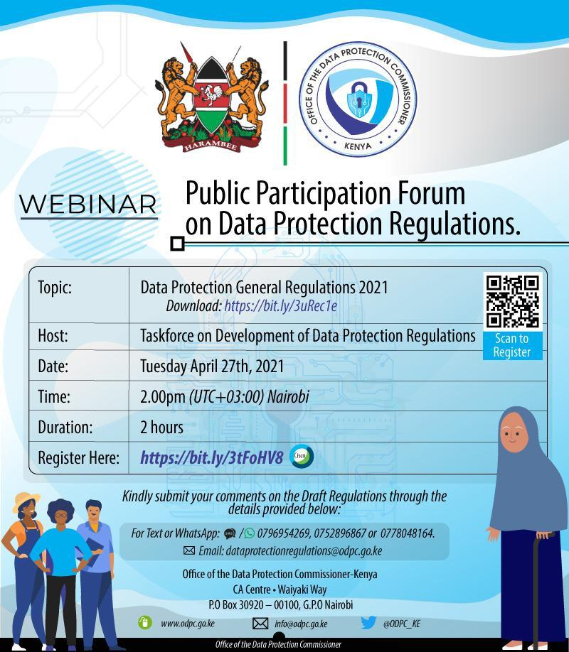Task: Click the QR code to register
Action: [x=513, y=301]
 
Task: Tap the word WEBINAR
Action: [x=88, y=205]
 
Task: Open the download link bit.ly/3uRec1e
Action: [x=280, y=306]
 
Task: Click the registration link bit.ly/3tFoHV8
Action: [x=212, y=457]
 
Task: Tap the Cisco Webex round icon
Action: [x=301, y=456]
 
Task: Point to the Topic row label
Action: [x=55, y=288]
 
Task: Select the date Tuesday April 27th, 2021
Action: [x=212, y=366]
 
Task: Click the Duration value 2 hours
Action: [x=161, y=427]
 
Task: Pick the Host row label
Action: [x=53, y=335]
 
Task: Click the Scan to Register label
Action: [x=512, y=346]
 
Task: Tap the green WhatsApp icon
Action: [x=249, y=533]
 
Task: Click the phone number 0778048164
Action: [x=408, y=533]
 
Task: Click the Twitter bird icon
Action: [x=368, y=623]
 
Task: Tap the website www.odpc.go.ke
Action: [x=188, y=624]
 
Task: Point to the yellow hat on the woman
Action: [x=26, y=500]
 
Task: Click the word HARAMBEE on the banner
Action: [x=211, y=146]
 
